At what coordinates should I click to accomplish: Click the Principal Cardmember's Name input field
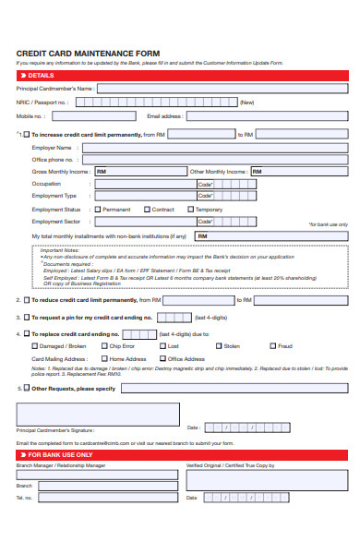tap(222, 89)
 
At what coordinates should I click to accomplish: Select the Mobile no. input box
tap(92, 117)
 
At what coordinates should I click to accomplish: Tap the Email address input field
tap(268, 117)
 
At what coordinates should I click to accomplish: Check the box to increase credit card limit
tap(26, 135)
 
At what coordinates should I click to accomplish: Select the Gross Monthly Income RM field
tap(139, 172)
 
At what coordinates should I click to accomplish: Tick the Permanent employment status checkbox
tap(97, 210)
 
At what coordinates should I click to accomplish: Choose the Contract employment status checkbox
tap(146, 210)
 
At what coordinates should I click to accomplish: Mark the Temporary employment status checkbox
tap(191, 210)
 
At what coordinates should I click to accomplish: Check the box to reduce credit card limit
tap(26, 300)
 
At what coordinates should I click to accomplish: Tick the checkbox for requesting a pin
tap(26, 317)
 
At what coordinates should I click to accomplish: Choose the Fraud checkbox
tap(272, 345)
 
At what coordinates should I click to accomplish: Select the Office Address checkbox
tap(163, 358)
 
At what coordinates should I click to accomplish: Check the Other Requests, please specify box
tap(26, 389)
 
